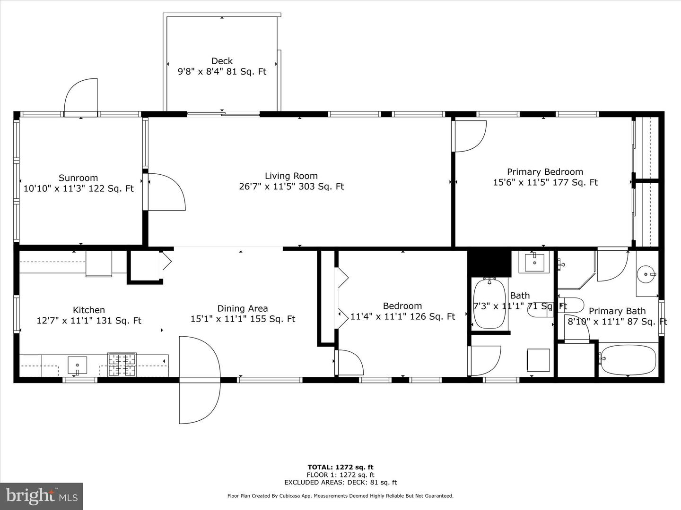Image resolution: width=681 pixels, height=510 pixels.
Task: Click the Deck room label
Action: point(222,61)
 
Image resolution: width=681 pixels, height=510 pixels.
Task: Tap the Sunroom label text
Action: point(78,178)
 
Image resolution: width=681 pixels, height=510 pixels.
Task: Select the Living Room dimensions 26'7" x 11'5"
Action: point(291,187)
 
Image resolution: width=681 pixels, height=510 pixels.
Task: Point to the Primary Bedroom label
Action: point(545,172)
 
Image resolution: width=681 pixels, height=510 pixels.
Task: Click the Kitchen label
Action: point(89,310)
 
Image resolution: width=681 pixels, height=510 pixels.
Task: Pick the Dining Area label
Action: point(242,308)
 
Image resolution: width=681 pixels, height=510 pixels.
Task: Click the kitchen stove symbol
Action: point(122,365)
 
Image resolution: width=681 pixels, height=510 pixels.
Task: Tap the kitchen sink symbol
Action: point(78,365)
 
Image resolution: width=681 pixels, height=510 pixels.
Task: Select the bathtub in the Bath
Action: point(489,304)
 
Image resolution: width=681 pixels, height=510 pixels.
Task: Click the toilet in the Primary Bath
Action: point(571,306)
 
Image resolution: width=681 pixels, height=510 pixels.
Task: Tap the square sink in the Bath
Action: point(534,263)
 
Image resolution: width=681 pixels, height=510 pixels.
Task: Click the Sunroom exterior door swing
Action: point(81,97)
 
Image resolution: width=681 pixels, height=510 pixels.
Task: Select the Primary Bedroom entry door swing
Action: point(469,136)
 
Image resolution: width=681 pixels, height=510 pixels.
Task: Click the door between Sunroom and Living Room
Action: point(166,191)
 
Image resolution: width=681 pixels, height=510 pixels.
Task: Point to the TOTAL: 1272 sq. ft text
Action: point(340,467)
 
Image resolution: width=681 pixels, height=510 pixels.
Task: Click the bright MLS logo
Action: point(42,496)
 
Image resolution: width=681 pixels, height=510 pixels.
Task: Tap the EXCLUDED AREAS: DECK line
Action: point(340,483)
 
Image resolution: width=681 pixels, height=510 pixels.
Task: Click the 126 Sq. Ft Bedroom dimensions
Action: point(402,317)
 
